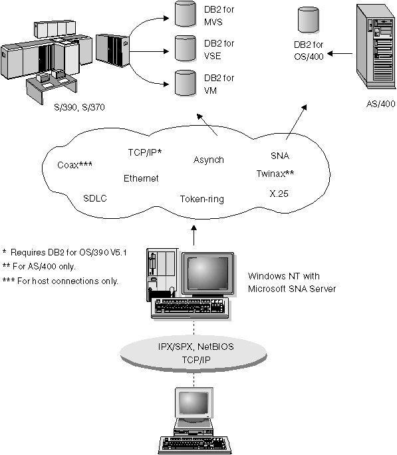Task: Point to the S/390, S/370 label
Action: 79,106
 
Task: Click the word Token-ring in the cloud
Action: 201,198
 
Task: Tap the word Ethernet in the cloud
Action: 141,178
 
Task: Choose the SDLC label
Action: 96,198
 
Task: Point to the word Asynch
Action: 209,160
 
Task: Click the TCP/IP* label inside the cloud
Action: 145,152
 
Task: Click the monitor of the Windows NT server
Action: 208,274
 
